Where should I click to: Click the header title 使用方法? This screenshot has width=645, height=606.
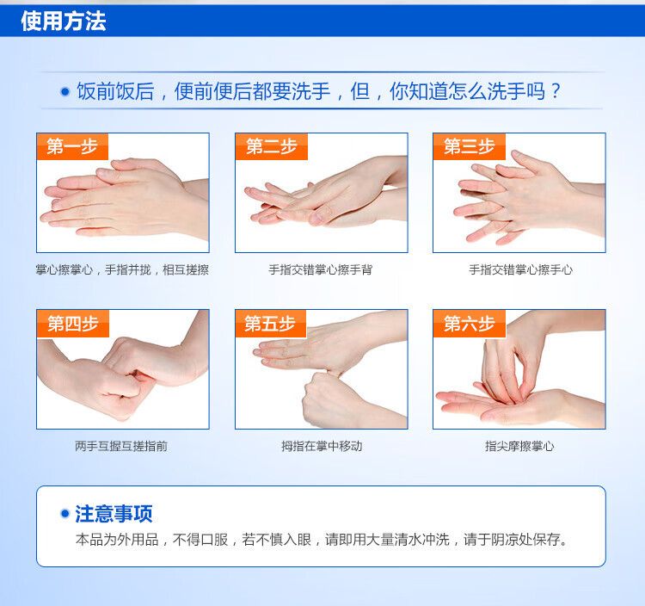coord(64,21)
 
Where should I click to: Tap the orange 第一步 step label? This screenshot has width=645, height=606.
coord(72,146)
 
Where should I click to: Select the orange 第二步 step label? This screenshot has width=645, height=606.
coord(272,146)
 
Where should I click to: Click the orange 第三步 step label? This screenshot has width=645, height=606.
coord(470,146)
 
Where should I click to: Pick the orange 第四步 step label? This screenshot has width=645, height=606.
coord(73,324)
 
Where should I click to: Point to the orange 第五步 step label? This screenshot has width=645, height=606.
coord(270,324)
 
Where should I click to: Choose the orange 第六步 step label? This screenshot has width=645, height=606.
coord(470,324)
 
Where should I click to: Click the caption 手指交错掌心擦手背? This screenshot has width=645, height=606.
coord(321,269)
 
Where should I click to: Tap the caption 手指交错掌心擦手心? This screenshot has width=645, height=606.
coord(520,269)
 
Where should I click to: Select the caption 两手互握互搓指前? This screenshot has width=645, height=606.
coord(121,446)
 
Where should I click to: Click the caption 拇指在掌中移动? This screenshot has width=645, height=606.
coord(322,446)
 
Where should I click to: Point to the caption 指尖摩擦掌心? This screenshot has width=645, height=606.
coord(519,446)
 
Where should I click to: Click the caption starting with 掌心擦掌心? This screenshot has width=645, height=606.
coord(122,269)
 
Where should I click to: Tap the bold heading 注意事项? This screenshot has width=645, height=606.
coord(114,514)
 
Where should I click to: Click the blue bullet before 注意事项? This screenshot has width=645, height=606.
coord(64,513)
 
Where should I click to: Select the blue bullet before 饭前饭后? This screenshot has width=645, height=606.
coord(65,91)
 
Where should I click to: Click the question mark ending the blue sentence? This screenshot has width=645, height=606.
coord(556,90)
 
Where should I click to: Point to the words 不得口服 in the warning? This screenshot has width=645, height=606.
coord(200,540)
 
